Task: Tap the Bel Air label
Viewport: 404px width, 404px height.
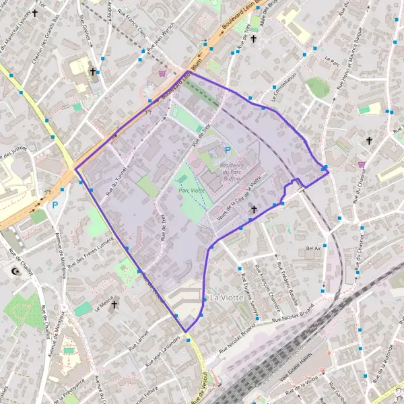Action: tap(313, 248)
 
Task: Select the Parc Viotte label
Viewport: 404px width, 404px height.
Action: tap(191, 191)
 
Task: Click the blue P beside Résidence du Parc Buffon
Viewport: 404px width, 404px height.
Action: tap(228, 151)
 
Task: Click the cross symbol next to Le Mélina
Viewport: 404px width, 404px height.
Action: tap(114, 305)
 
